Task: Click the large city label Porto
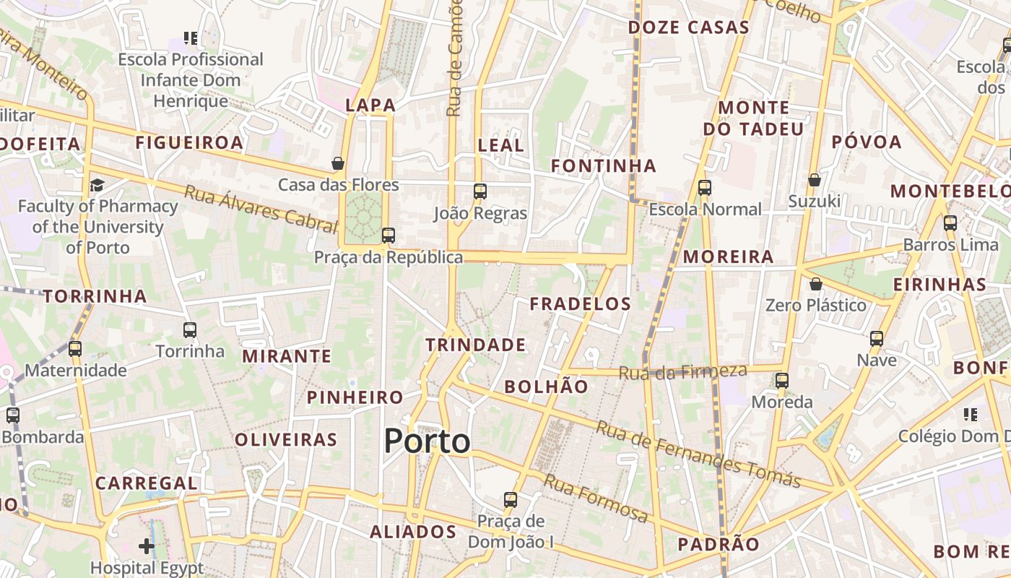[427, 441]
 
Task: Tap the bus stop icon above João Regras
[480, 191]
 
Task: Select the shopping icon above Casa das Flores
[337, 163]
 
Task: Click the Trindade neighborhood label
[475, 345]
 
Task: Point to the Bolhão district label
[546, 387]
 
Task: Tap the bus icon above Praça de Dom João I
[511, 499]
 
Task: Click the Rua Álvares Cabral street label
[251, 209]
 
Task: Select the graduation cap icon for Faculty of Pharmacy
[97, 186]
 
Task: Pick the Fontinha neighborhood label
[604, 166]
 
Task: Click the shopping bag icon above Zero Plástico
[815, 284]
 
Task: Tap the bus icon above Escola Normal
[705, 188]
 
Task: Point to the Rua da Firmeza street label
[682, 372]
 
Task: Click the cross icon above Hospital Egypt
[147, 546]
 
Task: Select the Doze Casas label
[688, 27]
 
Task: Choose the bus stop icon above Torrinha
[190, 330]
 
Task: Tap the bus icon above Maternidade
[75, 349]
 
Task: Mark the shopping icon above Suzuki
[815, 180]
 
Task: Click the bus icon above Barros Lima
[950, 223]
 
